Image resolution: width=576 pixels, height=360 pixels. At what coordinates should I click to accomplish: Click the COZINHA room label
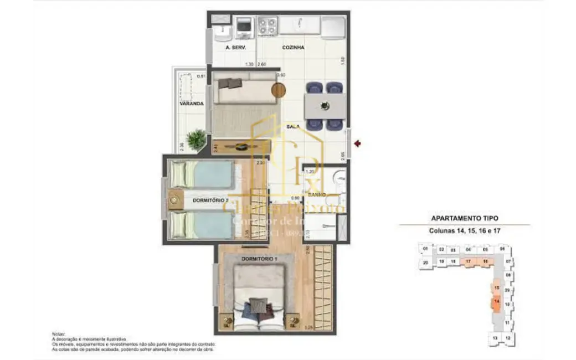click(x=294, y=48)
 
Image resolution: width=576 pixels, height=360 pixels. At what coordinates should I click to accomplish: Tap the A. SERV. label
click(x=235, y=48)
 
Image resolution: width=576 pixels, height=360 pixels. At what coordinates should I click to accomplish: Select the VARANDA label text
click(x=191, y=104)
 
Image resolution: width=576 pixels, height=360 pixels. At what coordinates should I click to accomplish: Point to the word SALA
click(x=293, y=127)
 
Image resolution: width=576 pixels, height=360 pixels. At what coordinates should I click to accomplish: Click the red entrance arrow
click(x=358, y=144)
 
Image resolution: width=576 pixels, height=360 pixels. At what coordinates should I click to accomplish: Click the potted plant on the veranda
click(x=196, y=139)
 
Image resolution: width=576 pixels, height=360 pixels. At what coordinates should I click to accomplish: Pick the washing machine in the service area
click(x=244, y=26)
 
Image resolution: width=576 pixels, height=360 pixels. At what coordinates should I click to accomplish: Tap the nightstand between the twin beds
click(x=176, y=199)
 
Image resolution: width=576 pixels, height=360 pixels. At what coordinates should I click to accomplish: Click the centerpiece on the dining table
click(x=325, y=105)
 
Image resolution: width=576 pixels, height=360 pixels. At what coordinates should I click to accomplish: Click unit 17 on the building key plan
click(x=469, y=261)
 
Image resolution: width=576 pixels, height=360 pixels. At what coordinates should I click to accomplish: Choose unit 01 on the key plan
click(x=425, y=249)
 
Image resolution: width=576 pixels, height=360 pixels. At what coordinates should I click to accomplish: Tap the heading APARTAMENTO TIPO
click(x=464, y=218)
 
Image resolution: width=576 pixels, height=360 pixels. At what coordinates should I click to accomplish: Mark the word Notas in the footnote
click(x=59, y=334)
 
